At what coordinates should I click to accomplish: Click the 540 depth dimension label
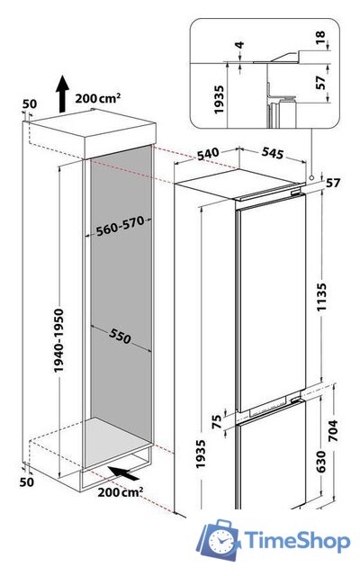208,154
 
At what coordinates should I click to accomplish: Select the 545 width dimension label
273,153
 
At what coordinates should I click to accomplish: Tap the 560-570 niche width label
120,226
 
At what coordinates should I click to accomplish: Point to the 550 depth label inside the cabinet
120,336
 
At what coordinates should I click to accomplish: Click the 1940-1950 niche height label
58,340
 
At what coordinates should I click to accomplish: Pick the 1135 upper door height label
321,297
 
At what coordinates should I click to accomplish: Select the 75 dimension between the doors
217,421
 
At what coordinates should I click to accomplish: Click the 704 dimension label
332,430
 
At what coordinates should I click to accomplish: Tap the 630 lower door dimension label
320,462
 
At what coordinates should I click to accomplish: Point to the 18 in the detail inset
320,37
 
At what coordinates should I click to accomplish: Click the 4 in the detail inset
239,45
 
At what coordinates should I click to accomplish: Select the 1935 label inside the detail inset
219,100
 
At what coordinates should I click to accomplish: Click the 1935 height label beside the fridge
201,454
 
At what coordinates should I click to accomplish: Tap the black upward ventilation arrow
62,94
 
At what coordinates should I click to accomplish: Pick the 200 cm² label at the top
98,98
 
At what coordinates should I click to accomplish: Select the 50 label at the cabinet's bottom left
26,481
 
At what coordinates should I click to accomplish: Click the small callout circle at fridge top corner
311,178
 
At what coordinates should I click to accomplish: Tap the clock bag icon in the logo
218,539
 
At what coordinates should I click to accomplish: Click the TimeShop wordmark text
297,540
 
